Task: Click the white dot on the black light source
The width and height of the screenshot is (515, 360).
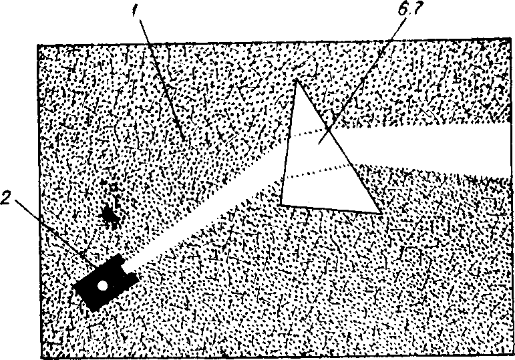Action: click(x=102, y=286)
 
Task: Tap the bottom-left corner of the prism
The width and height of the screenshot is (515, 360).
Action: click(x=281, y=203)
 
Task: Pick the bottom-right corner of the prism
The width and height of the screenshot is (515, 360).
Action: click(x=381, y=212)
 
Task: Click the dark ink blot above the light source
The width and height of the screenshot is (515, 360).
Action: click(x=110, y=215)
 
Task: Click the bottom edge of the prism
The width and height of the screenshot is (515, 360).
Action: click(x=331, y=208)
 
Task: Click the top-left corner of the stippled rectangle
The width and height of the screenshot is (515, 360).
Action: click(x=39, y=45)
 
